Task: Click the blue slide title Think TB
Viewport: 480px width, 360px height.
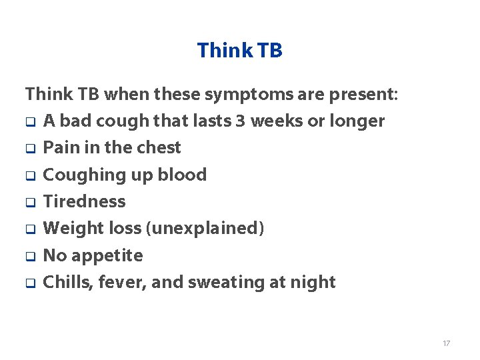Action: pyautogui.click(x=240, y=50)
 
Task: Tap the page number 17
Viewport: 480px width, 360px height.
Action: pyautogui.click(x=446, y=343)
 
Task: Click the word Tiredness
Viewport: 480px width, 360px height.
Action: pyautogui.click(x=84, y=201)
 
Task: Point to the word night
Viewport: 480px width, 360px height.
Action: pyautogui.click(x=313, y=283)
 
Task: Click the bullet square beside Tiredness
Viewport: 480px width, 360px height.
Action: pyautogui.click(x=30, y=203)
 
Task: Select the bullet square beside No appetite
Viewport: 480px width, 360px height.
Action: pyautogui.click(x=30, y=257)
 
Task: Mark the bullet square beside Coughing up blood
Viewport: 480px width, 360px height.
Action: pyautogui.click(x=30, y=176)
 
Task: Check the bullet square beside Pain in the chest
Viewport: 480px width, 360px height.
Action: pyautogui.click(x=30, y=149)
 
